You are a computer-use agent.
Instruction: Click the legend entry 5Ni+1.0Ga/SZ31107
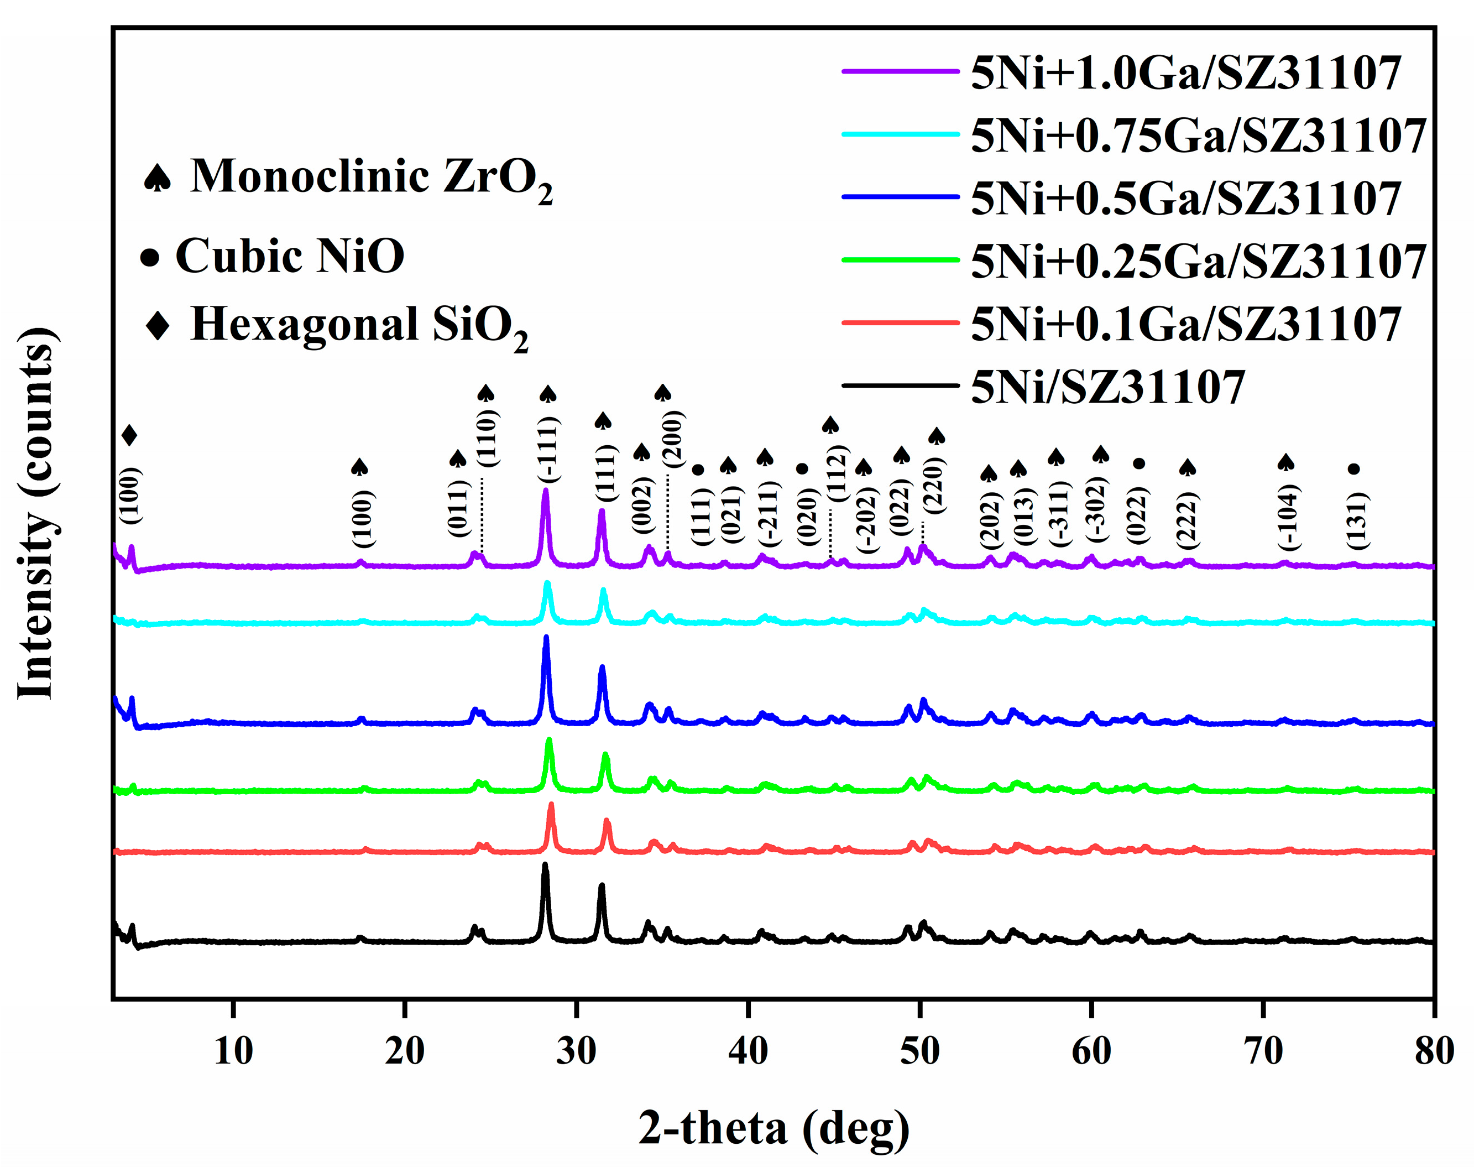pos(1185,72)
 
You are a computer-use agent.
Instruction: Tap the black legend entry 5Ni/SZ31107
pos(1107,387)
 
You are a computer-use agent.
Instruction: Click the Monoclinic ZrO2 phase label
pos(371,177)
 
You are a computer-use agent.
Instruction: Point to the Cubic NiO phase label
pos(290,256)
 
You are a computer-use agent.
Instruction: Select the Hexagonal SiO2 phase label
pos(359,325)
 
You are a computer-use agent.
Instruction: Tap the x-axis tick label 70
pos(1263,1051)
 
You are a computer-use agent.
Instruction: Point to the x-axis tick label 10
pos(233,1051)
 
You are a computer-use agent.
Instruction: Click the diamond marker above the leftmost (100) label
pos(130,435)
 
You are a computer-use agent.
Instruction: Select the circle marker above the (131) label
pos(1354,468)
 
